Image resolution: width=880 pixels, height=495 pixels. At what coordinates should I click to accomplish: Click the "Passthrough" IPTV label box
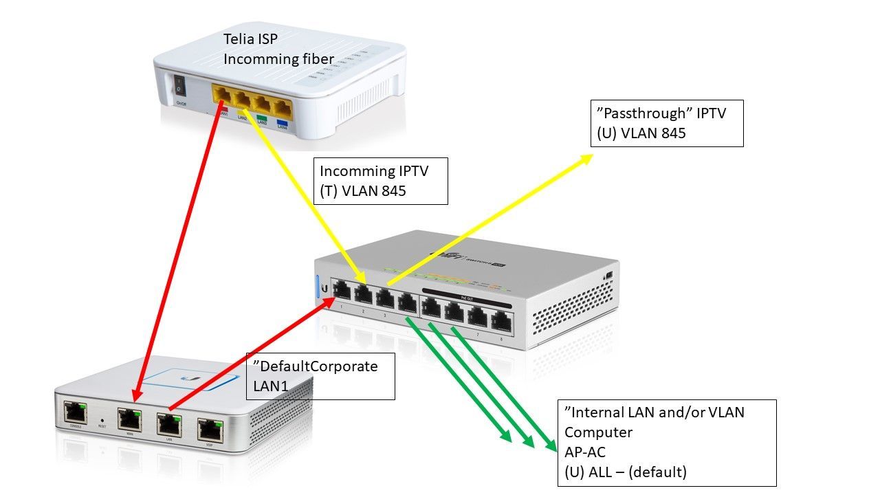667,123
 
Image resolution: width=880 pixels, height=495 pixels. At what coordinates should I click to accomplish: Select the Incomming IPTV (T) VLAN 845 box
380,180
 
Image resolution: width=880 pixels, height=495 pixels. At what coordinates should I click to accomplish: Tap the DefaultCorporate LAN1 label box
320,376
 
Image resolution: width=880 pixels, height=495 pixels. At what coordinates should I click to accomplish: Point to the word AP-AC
586,452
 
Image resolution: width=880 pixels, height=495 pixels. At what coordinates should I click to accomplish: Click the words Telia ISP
250,40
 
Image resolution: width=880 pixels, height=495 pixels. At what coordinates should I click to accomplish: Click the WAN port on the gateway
129,417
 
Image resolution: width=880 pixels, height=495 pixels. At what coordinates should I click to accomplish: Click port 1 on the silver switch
341,292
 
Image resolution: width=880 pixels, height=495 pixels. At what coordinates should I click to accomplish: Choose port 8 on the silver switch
503,321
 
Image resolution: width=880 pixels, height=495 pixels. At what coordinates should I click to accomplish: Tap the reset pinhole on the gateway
102,419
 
